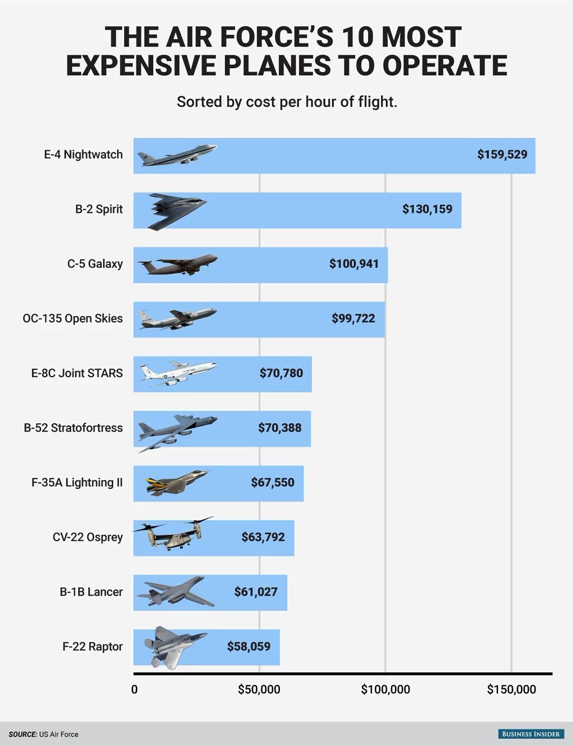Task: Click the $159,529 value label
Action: pos(502,154)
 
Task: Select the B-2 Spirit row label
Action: pos(98,209)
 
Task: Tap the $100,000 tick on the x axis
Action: pos(385,690)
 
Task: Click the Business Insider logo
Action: pos(530,734)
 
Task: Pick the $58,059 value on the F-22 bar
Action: pos(248,646)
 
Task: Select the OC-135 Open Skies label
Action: pos(72,318)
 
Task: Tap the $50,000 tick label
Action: pos(259,690)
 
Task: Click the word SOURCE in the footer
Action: pos(22,734)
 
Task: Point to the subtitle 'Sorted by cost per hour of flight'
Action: pos(286,102)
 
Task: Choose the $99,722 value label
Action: pos(353,319)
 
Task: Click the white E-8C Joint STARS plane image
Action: pos(177,373)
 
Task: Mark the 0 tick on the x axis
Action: pos(134,690)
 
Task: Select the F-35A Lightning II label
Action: pos(77,483)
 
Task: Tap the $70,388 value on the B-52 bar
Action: pos(279,428)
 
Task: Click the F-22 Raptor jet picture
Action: pos(173,646)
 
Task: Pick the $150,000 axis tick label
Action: pos(511,690)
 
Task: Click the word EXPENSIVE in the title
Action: pos(142,65)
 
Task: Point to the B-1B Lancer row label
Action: pos(91,592)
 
